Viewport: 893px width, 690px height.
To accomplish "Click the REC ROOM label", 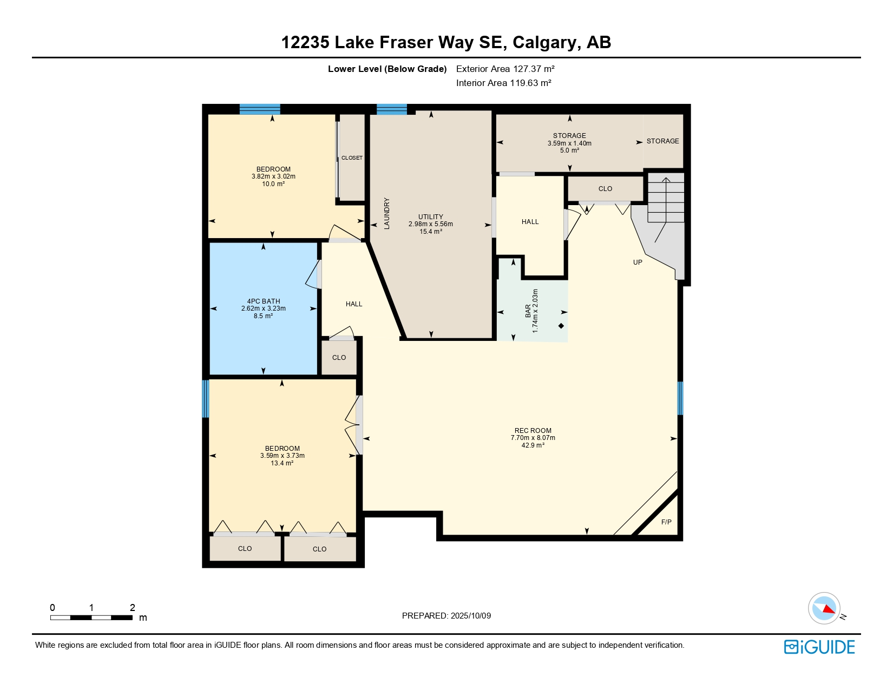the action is click(533, 431).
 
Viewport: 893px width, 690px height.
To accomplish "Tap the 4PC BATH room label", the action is click(264, 301).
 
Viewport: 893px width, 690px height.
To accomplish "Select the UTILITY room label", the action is click(431, 216).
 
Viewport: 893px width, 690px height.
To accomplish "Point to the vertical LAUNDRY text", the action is click(386, 213).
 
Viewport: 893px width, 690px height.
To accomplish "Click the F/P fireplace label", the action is click(666, 522).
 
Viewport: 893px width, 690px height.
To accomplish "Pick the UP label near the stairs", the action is click(638, 262).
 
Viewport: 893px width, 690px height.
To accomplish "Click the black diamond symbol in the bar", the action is click(561, 326).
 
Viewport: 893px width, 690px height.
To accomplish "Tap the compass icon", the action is click(824, 608).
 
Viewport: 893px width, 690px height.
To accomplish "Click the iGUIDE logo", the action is click(819, 647).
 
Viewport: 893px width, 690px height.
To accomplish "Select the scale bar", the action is click(91, 617).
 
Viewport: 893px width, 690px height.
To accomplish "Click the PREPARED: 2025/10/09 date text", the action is click(447, 616).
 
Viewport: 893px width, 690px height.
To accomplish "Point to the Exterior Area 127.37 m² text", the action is click(505, 69).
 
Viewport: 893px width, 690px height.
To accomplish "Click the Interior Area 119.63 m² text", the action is click(503, 83).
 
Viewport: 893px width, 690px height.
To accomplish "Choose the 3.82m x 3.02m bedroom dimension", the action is click(273, 176).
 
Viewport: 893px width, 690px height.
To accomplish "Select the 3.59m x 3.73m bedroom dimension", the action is click(283, 455).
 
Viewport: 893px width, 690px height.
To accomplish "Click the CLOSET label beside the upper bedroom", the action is click(352, 158).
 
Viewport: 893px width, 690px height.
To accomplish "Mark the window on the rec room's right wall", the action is click(680, 398).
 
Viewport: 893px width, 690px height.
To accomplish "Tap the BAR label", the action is click(528, 311).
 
